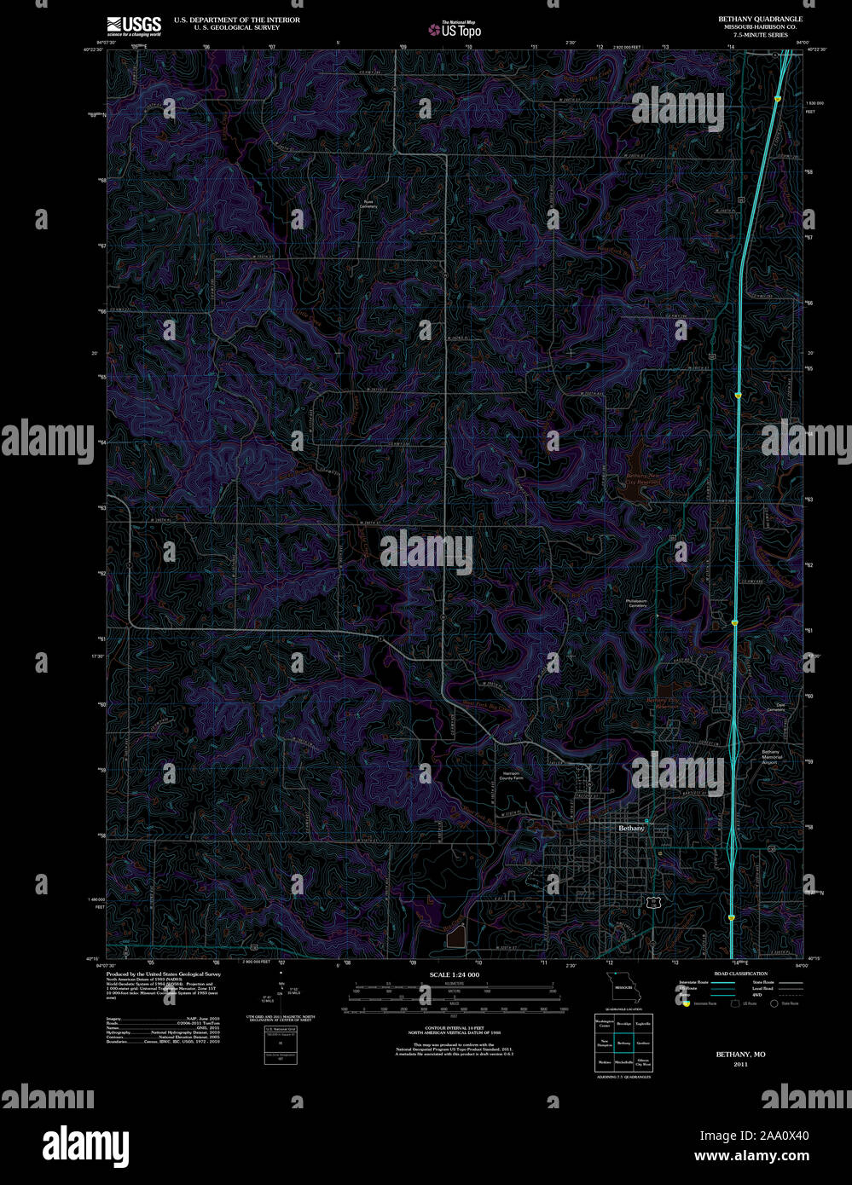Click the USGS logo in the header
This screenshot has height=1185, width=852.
tap(134, 25)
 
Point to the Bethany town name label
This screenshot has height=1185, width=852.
tap(631, 828)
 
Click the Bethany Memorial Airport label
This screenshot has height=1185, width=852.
tap(771, 755)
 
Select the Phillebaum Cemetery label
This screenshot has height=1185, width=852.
tap(636, 604)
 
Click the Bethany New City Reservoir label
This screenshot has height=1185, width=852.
tap(644, 478)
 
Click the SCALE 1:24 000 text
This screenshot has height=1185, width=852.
tap(455, 974)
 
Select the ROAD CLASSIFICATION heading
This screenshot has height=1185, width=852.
tap(740, 974)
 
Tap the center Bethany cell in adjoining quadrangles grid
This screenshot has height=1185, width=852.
tap(624, 1043)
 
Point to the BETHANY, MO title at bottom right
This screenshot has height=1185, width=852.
tap(740, 1055)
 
